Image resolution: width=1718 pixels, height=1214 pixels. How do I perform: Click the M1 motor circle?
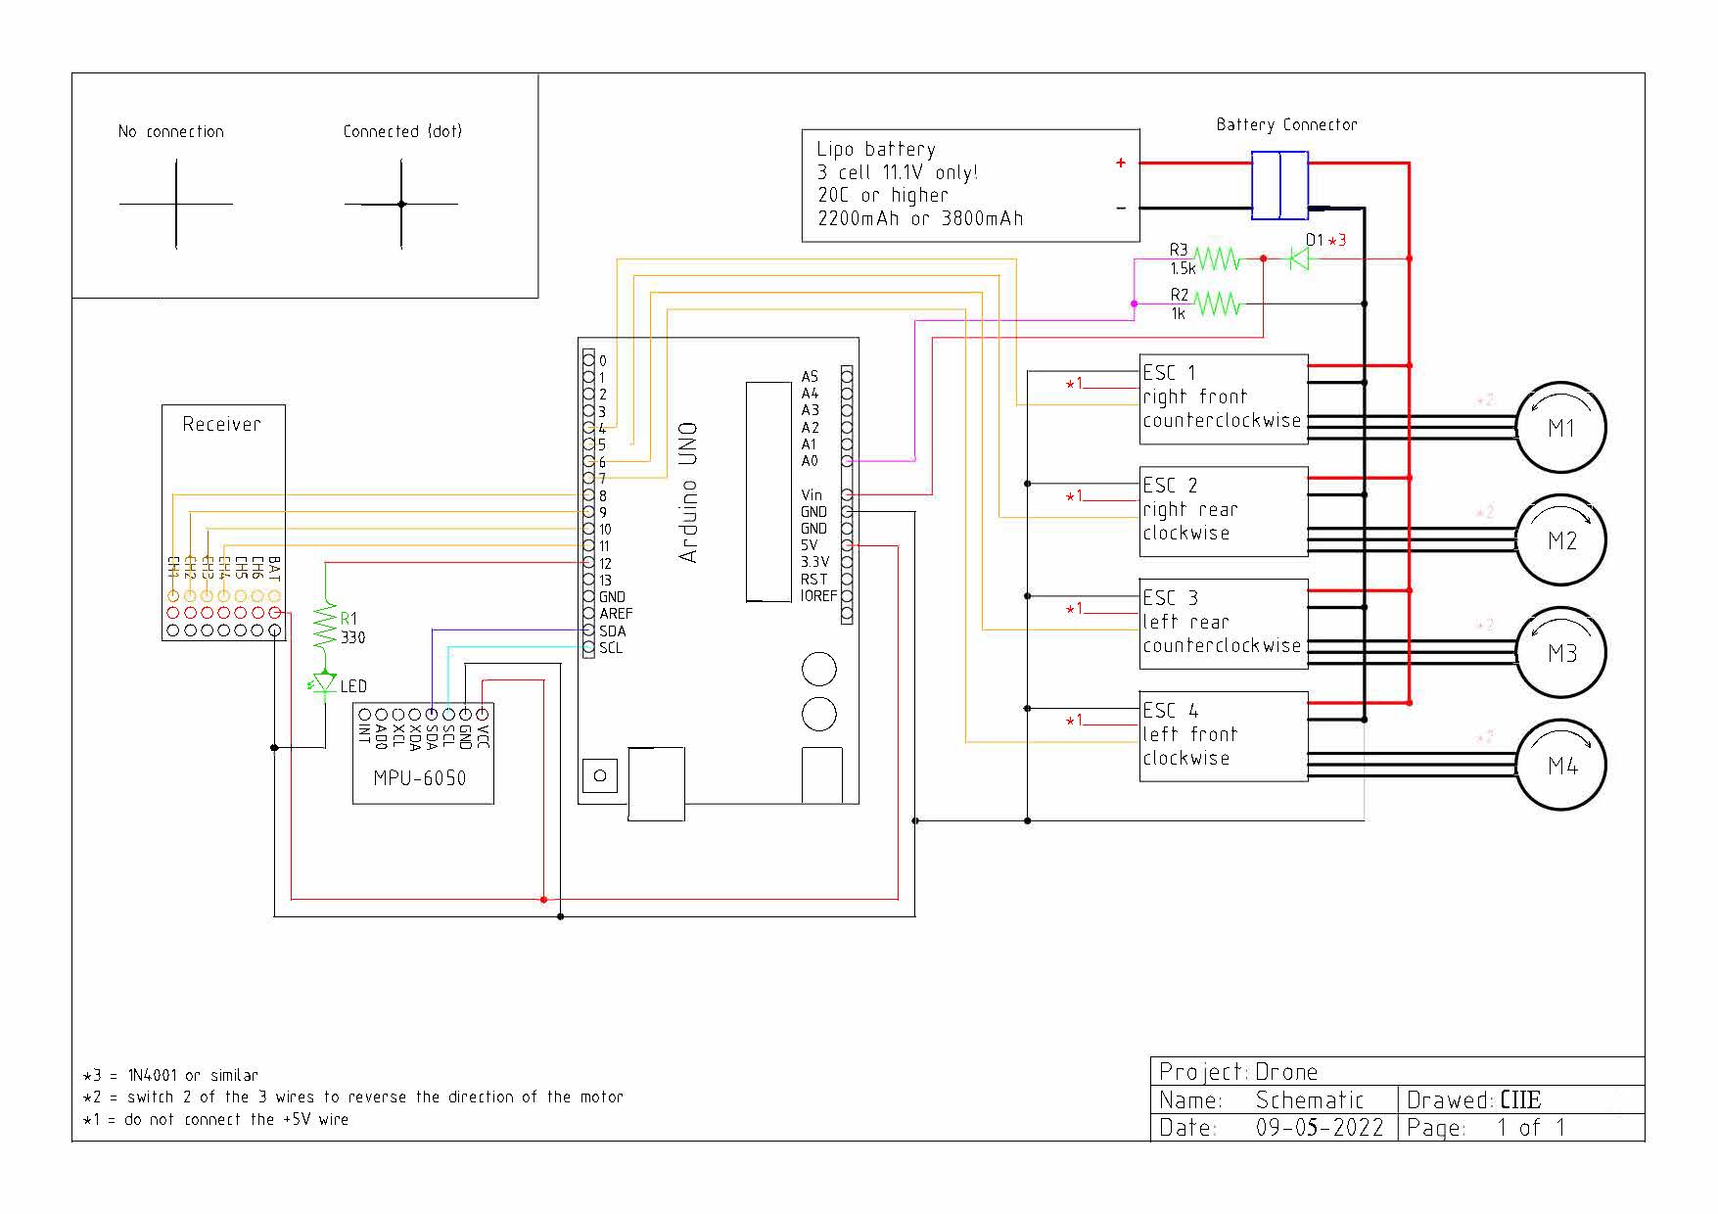coord(1560,428)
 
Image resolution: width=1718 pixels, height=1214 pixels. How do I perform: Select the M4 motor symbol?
coord(1560,766)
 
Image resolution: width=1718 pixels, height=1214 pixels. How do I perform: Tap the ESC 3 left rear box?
coord(1223,623)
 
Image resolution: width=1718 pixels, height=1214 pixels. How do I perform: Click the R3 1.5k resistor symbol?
coord(1217,259)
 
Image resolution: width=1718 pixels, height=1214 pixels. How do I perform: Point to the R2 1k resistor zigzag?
coord(1217,304)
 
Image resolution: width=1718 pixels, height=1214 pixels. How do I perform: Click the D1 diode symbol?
coord(1299,258)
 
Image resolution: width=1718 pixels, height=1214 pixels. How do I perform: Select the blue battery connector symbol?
coord(1279,185)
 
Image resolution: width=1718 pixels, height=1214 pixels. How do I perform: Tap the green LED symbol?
coord(324,683)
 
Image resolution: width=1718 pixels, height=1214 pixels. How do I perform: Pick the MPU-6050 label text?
coord(419,778)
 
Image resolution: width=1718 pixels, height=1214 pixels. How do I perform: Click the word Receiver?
coord(222,424)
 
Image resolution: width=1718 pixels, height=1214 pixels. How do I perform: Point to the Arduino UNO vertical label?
coord(688,492)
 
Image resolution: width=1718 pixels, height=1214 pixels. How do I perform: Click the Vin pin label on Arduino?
coord(812,495)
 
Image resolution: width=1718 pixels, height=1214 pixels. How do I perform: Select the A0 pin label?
coord(810,461)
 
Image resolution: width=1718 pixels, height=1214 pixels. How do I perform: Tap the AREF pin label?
coord(616,614)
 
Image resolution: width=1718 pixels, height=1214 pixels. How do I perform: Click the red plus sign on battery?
coord(1120,163)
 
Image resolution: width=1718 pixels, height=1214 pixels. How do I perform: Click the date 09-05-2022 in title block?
coord(1319,1128)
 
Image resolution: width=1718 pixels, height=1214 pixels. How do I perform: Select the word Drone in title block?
coord(1286,1072)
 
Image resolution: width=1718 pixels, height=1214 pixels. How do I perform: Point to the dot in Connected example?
coord(401,204)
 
